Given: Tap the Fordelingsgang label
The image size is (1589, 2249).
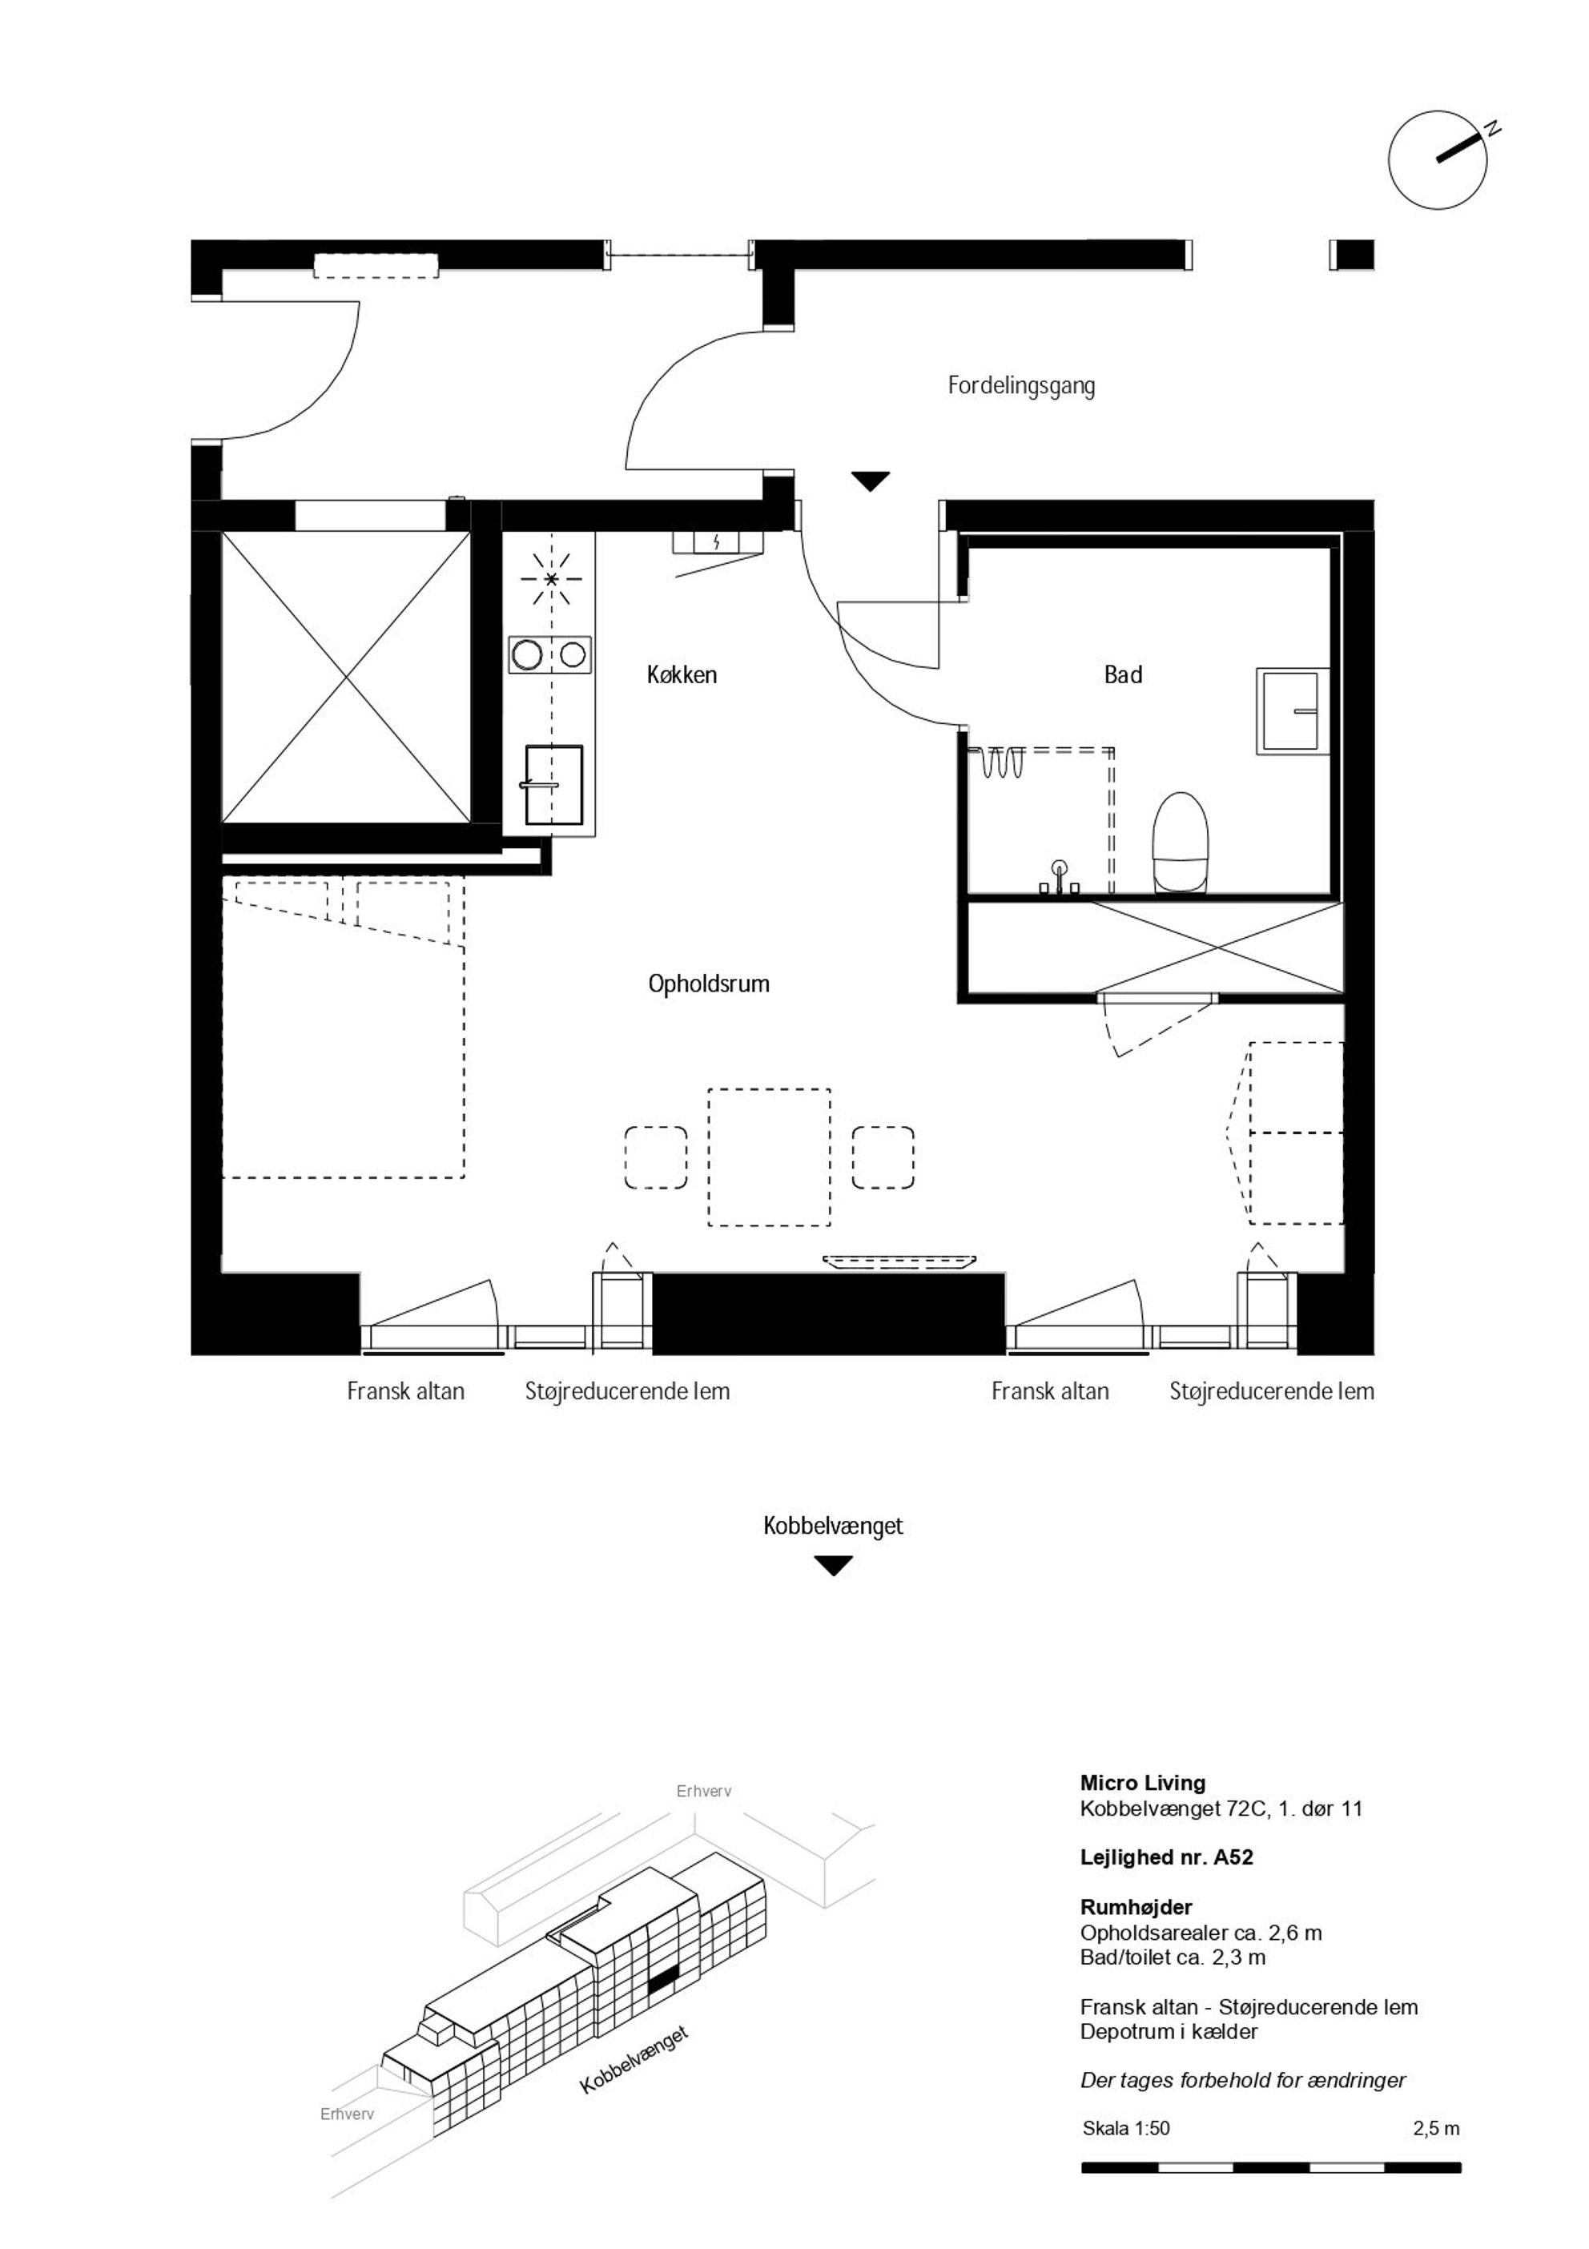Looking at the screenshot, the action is point(1021,386).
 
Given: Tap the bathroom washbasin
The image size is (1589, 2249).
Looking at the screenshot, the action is point(1293,711).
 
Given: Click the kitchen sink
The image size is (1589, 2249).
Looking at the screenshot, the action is point(553,785).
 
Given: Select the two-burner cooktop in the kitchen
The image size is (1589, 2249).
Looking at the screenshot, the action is point(549,654).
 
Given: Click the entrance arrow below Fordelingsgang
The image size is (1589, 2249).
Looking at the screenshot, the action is point(870,481).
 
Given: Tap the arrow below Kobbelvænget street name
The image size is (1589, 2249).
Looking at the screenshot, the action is point(834,1565).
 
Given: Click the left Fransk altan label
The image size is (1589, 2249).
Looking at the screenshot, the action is point(405,1391).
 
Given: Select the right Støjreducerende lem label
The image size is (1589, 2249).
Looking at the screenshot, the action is point(1272,1391).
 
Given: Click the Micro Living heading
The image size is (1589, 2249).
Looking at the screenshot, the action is point(1142,1783).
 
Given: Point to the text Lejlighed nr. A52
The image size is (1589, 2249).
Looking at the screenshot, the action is point(1167,1857).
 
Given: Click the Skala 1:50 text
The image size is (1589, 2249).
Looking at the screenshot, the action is point(1127,2127).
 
